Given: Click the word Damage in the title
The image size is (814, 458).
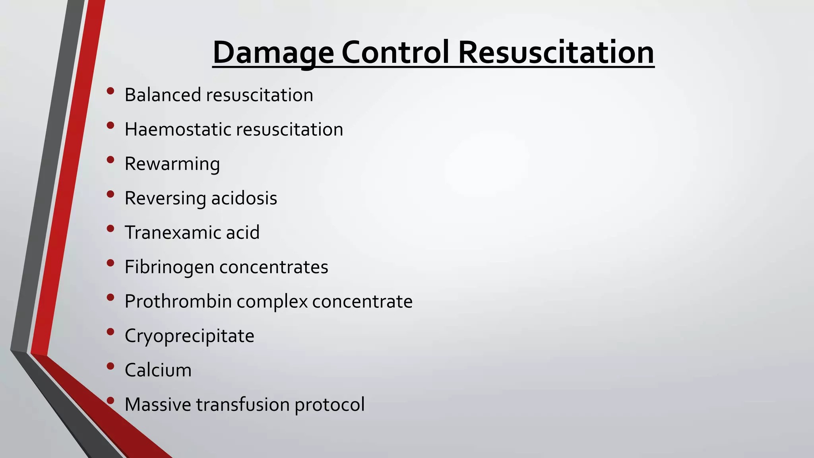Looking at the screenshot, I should tap(273, 52).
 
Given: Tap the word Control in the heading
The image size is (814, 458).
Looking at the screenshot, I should tap(395, 52).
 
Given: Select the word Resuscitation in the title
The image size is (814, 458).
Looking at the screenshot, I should tap(556, 52).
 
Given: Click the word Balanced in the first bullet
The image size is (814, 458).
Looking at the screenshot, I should tap(163, 95).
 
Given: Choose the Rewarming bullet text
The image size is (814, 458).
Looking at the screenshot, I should tap(172, 164).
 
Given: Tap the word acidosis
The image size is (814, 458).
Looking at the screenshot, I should tap(244, 198).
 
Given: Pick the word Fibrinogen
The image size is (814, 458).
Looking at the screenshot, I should tap(169, 267).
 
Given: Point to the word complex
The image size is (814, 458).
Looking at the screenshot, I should tap(272, 301).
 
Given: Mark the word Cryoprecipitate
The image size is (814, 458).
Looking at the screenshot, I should tap(189, 336).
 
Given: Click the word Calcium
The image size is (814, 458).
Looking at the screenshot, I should tap(158, 370).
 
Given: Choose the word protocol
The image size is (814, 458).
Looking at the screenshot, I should tap(329, 405).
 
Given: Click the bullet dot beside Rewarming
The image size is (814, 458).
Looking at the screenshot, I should tap(110, 160).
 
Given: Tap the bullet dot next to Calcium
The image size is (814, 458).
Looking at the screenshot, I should tap(110, 366).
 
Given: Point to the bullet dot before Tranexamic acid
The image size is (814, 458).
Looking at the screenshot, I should tap(110, 229).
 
